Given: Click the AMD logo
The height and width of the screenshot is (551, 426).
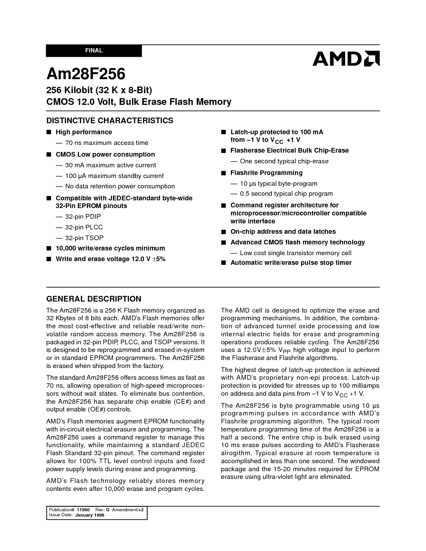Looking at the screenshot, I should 346,58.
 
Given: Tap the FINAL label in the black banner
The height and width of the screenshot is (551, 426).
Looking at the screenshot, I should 94,51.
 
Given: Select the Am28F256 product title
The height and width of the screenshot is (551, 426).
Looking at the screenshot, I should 86,74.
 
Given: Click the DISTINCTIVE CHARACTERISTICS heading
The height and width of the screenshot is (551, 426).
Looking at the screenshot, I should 110,121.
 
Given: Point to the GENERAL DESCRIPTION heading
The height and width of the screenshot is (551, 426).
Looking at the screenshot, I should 94,299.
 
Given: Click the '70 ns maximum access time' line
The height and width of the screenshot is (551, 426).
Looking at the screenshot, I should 107,143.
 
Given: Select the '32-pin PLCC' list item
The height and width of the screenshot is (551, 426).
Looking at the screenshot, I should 84,227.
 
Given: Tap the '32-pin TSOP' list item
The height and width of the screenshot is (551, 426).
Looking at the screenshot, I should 84,238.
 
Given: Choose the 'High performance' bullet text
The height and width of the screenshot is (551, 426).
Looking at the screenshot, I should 84,132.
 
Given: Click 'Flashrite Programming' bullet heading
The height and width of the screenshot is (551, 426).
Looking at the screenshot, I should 266,173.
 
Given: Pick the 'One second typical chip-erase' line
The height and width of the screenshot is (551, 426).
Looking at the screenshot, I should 284,161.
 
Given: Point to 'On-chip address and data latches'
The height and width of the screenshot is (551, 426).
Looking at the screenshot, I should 283,232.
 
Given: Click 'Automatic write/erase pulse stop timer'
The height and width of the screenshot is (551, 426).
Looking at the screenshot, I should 291,263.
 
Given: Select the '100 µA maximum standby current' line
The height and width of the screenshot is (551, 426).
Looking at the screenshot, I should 114,176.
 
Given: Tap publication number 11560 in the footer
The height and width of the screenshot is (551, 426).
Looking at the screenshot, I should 83,510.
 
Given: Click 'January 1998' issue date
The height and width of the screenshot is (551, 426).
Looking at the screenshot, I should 90,515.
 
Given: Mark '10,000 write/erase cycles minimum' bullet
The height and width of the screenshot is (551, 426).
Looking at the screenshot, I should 110,248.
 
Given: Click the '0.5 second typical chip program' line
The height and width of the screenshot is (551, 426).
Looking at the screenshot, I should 286,194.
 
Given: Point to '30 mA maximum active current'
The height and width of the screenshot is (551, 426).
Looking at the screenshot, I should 110,165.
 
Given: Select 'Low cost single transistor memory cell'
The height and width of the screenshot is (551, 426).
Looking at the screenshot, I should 295,253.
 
